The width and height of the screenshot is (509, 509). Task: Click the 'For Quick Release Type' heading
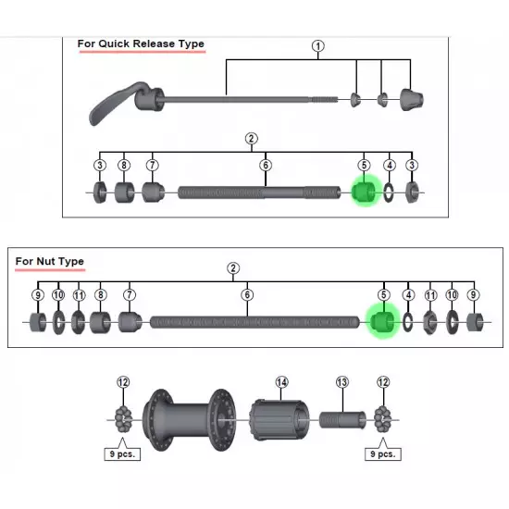tap(141, 43)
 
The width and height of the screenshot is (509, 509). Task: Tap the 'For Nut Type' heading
tap(50, 261)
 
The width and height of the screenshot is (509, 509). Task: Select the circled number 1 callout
tap(318, 46)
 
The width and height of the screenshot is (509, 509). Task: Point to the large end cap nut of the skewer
tap(412, 99)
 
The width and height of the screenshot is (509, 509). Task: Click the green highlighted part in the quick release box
tap(364, 192)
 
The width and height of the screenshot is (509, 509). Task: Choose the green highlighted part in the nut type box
tap(382, 321)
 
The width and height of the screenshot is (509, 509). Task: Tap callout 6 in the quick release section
tap(266, 166)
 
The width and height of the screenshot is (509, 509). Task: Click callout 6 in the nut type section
tap(247, 294)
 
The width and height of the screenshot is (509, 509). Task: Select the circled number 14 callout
tap(281, 382)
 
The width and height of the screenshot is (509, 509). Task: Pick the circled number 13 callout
tap(342, 382)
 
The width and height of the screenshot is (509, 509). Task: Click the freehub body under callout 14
tap(279, 420)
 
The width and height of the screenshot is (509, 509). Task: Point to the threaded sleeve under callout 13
tap(342, 420)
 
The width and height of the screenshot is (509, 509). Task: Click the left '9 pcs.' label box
tap(122, 453)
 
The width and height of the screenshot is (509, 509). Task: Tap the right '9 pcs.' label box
tap(383, 453)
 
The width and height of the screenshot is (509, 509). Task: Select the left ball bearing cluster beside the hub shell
tap(123, 420)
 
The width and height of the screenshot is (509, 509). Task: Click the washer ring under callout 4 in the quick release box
tap(389, 192)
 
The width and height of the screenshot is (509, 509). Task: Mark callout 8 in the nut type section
tap(100, 294)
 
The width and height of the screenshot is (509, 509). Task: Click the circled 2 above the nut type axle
tap(233, 268)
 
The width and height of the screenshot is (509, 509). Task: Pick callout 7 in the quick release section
tap(153, 166)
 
